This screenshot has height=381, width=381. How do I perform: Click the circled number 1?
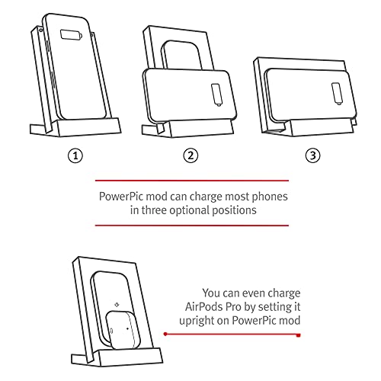(75, 155)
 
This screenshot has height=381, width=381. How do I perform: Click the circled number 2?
(191, 155)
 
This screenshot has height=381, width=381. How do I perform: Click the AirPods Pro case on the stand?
(119, 327)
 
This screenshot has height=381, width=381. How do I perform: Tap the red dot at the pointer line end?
(166, 335)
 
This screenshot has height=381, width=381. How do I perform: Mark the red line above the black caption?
(191, 181)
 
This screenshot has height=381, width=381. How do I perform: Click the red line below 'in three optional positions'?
(191, 225)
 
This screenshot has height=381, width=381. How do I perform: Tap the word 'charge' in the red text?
(283, 292)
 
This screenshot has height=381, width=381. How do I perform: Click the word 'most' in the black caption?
(229, 195)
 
